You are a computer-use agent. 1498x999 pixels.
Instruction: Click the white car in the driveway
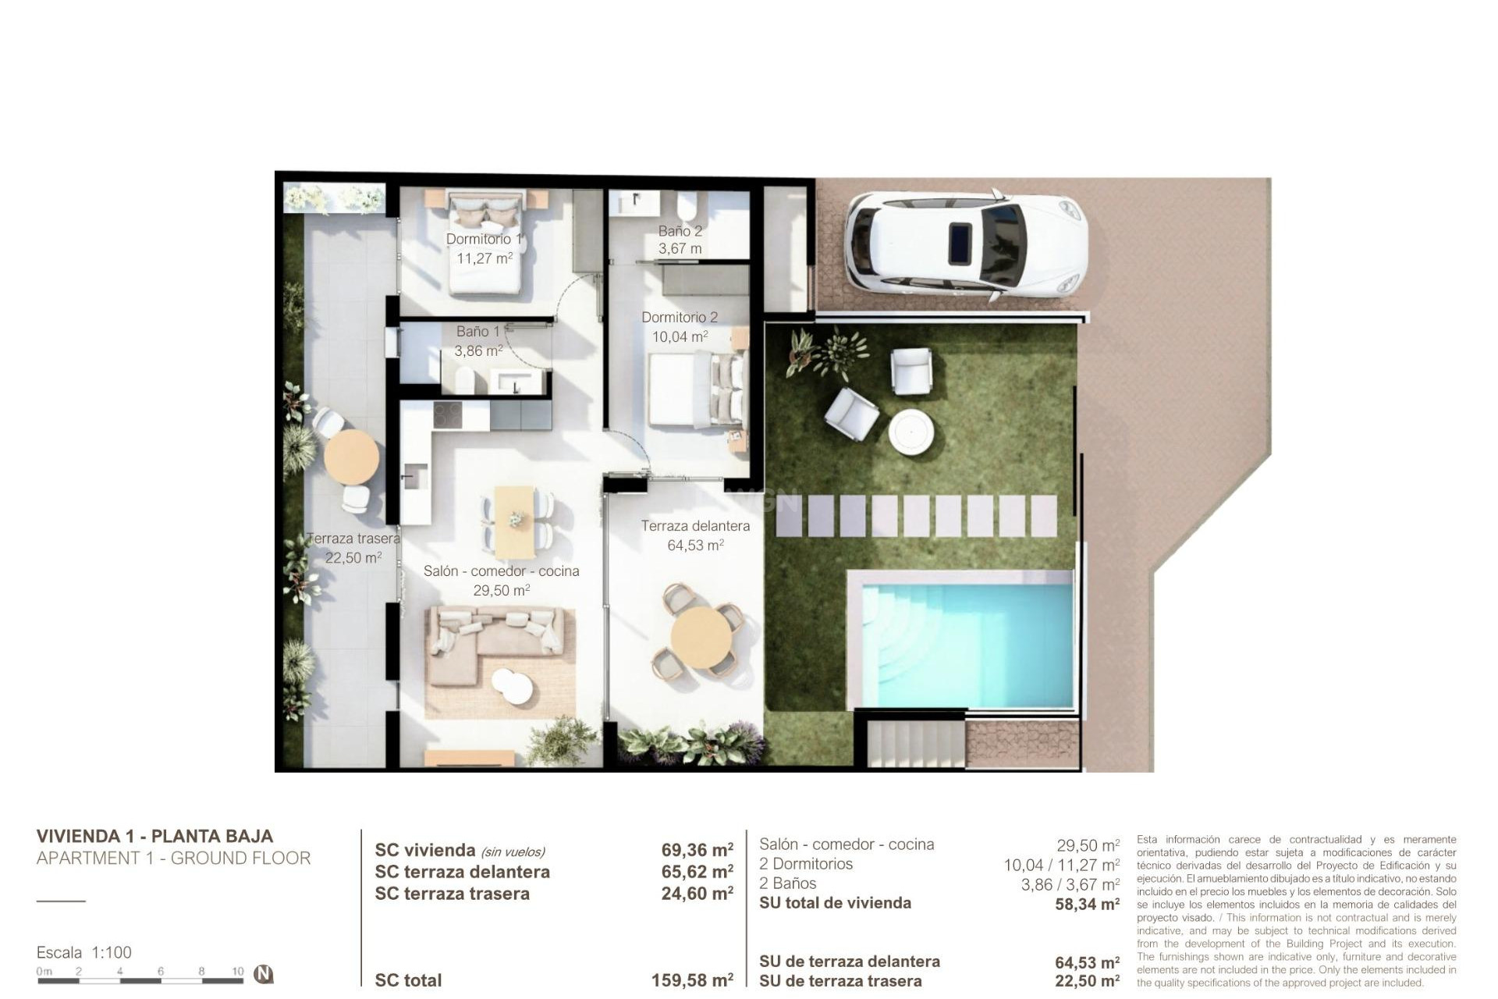[x=965, y=245]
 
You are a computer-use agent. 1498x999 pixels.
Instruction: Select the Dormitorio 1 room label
[x=484, y=239]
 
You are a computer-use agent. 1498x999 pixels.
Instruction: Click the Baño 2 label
[x=680, y=231]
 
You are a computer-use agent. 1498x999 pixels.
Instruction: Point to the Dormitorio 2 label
[x=679, y=318]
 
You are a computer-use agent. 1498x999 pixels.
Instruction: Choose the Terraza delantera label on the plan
[x=695, y=526]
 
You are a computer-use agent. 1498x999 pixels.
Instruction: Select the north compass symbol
[x=264, y=974]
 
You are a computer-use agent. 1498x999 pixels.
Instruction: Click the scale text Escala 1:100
[x=84, y=952]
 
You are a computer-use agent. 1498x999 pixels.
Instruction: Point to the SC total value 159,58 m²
[x=691, y=980]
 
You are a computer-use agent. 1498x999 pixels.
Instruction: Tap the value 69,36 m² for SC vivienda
[x=697, y=850]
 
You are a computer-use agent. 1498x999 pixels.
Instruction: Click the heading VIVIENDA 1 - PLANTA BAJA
[x=154, y=836]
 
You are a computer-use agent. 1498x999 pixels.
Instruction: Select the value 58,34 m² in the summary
[x=1087, y=904]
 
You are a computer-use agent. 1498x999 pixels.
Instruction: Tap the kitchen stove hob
[x=447, y=414]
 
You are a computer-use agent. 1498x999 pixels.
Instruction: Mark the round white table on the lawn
[x=911, y=431]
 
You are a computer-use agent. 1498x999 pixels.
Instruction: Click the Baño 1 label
[x=477, y=332]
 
